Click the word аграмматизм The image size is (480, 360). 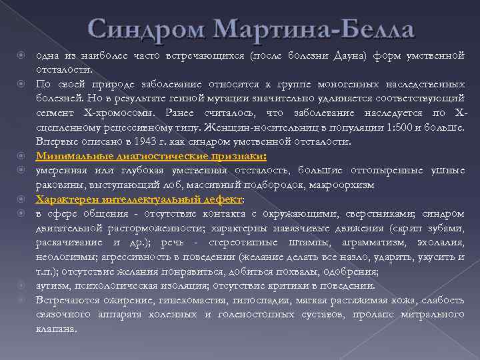(x=375, y=242)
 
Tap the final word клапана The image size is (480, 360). (x=57, y=328)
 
